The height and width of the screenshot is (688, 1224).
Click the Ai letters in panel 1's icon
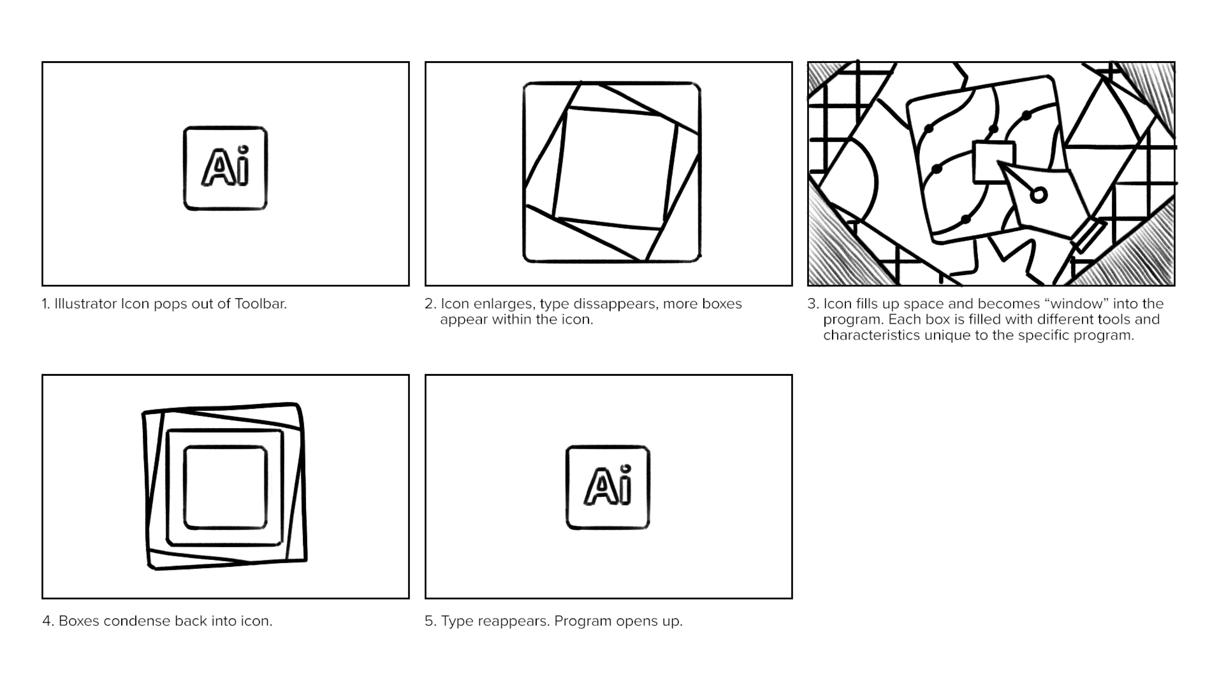(x=225, y=168)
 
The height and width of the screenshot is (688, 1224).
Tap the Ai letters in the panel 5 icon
(x=608, y=487)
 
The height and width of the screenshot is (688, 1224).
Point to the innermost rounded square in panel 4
(x=225, y=487)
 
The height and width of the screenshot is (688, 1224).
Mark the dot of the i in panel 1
(x=243, y=149)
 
